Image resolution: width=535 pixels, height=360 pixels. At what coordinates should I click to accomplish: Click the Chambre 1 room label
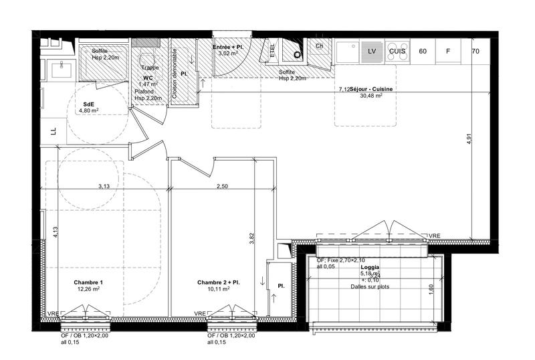[88, 282]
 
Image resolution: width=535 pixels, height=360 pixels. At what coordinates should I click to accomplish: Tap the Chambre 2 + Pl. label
[219, 282]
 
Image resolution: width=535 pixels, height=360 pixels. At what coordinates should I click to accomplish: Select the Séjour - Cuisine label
[370, 89]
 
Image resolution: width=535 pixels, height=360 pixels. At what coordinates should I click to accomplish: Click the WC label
[148, 78]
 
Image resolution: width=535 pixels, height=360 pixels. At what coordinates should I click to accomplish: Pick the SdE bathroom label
[88, 105]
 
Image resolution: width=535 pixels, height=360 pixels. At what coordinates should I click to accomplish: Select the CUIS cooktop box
[397, 51]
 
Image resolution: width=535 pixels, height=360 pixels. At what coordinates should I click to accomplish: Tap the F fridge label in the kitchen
[448, 51]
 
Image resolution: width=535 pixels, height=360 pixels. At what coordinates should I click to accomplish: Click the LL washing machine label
[53, 130]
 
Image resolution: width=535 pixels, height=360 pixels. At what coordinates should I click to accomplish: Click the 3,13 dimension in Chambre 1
[104, 186]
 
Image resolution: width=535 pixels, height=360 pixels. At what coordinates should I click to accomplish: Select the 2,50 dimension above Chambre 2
[221, 186]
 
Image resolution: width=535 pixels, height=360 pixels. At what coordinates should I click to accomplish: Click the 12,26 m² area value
[88, 289]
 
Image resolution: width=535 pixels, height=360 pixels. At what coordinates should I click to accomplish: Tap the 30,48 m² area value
[370, 96]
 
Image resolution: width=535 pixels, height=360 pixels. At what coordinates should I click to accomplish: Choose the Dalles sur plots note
[370, 286]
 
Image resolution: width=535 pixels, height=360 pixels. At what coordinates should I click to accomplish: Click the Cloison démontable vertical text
[175, 74]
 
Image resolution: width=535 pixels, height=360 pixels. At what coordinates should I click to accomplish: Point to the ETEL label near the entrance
[272, 50]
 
